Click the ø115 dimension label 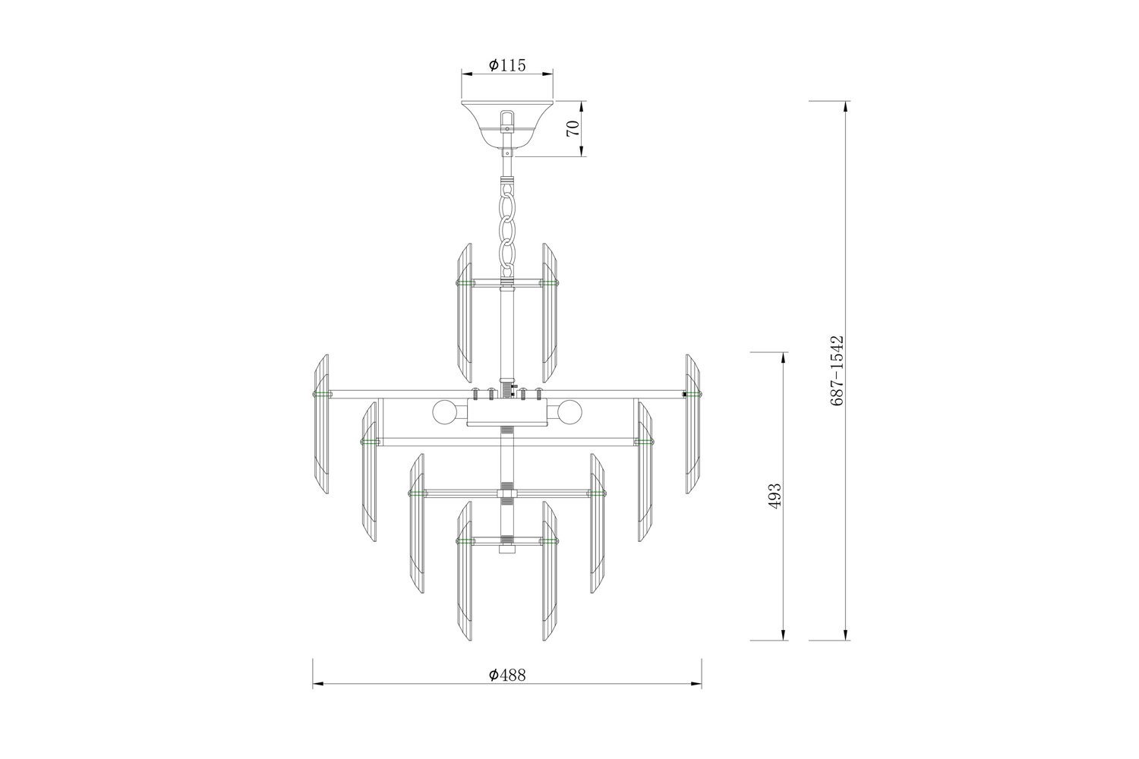tap(507, 65)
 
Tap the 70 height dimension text tap(573, 128)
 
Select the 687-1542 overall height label tap(837, 370)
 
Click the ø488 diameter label tap(507, 675)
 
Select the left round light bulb tap(443, 412)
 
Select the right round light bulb tap(570, 412)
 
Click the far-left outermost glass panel tap(321, 424)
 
